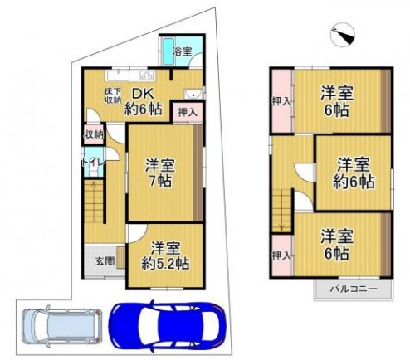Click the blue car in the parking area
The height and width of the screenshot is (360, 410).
168,325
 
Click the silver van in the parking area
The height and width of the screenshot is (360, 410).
62,325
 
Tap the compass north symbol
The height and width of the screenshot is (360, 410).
343,35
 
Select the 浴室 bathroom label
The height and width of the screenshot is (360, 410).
182,51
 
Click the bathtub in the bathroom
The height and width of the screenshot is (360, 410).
168,51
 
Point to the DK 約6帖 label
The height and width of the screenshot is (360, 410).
143,101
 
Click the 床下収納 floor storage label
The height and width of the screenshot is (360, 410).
113,95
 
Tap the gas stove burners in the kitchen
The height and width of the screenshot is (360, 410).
148,75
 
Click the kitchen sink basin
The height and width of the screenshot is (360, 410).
118,75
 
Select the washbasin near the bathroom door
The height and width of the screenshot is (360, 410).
193,94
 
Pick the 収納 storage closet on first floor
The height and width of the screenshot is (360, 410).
94,134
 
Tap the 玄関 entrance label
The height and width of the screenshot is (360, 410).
105,261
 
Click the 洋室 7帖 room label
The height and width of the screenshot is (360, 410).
160,173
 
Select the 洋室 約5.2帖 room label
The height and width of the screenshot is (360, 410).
165,255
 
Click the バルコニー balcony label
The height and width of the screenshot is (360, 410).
354,289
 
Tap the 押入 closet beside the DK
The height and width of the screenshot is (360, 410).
188,112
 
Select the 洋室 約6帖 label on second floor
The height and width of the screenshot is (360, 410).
354,173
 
